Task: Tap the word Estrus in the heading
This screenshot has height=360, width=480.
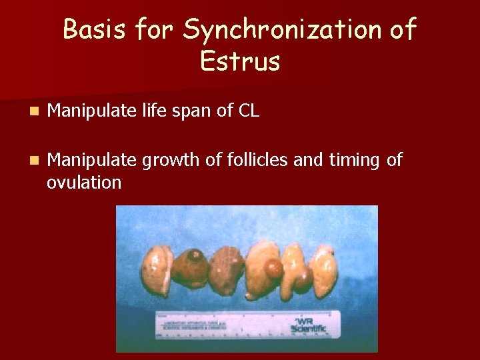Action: (240, 61)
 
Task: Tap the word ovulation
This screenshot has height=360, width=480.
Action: (84, 182)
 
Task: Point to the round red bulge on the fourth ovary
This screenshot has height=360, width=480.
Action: (274, 269)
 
